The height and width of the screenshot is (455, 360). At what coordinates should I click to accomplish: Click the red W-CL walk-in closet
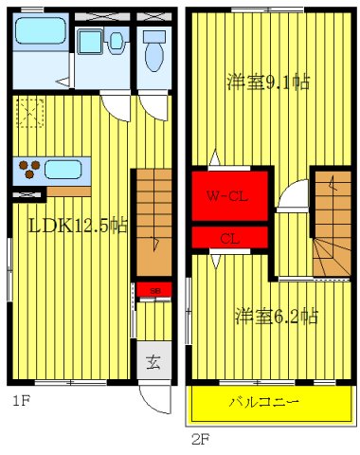click(228, 196)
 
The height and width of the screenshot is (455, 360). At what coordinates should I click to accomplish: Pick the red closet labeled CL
click(228, 238)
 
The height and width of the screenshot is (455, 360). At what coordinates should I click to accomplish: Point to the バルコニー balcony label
click(263, 403)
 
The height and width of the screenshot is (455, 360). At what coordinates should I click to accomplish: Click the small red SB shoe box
click(153, 289)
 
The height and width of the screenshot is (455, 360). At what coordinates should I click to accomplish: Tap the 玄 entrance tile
click(152, 361)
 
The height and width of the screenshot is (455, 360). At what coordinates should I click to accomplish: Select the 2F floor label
click(200, 439)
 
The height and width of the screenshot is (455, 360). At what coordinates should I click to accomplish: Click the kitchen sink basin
click(63, 170)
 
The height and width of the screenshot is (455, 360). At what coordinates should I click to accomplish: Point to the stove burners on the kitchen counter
click(28, 171)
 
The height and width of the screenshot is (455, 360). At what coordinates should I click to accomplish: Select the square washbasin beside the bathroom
click(92, 42)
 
